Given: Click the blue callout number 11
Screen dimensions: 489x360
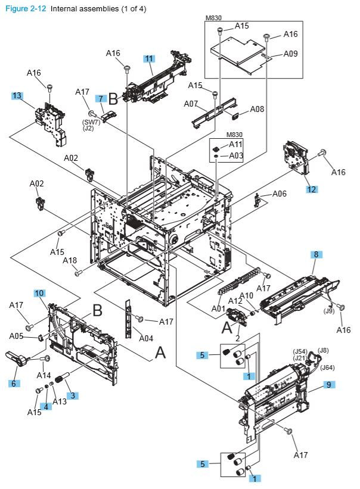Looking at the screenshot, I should [x=149, y=58].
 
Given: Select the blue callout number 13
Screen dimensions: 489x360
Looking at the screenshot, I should [x=17, y=95].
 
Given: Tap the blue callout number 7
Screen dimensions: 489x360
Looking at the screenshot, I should [x=102, y=98].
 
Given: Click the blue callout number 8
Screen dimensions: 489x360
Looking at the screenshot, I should [x=316, y=254].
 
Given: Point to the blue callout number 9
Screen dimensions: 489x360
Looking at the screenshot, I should [x=327, y=385].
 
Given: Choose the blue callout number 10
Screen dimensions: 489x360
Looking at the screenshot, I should [x=39, y=293].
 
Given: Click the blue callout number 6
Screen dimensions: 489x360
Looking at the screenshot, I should [x=13, y=384].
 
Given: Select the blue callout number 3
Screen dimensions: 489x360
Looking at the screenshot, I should [x=72, y=395].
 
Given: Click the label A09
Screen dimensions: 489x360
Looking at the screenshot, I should [x=290, y=53].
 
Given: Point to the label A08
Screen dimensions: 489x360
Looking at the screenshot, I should [x=257, y=109].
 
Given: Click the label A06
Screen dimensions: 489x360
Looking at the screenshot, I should [x=280, y=194].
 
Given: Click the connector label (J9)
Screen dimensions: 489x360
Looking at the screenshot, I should [x=328, y=310].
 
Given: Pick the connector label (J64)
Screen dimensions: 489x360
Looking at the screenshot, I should [x=328, y=367].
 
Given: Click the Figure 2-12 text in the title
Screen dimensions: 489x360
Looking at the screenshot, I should [x=24, y=9].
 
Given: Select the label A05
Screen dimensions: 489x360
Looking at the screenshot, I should [x=16, y=335].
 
